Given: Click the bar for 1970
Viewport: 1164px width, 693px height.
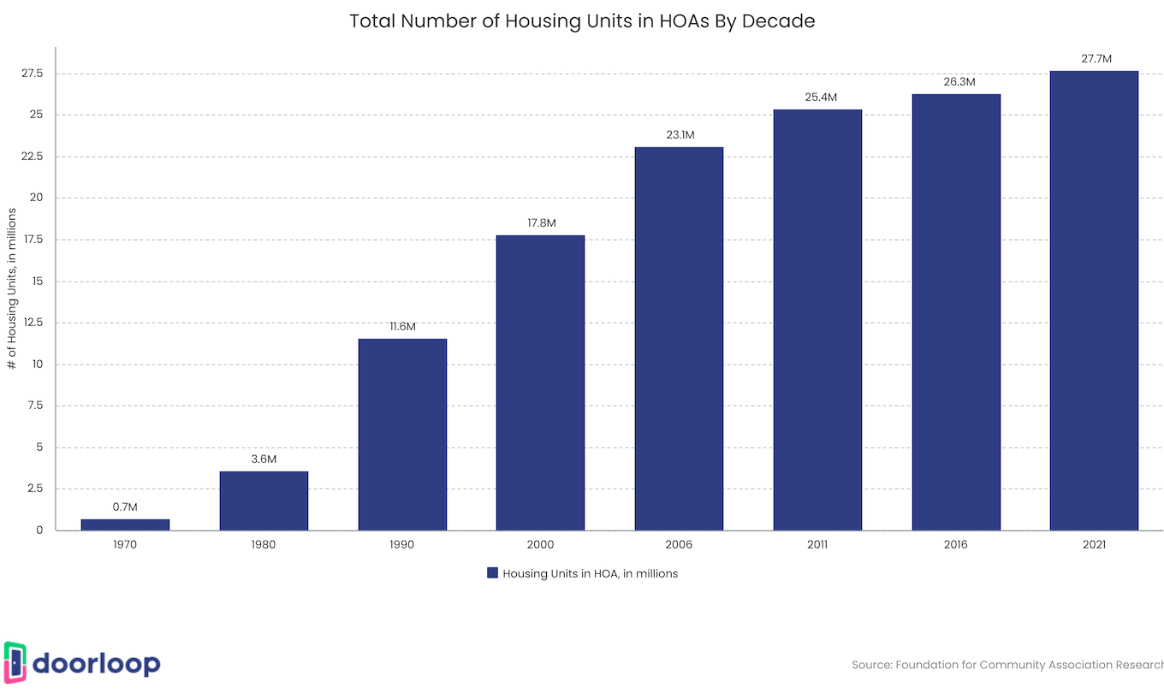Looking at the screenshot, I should point(125,524).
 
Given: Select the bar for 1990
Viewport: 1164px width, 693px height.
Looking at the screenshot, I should point(402,435).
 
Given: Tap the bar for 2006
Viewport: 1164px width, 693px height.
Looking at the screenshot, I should point(679,339).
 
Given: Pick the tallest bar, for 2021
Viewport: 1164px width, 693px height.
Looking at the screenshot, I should point(1094,300).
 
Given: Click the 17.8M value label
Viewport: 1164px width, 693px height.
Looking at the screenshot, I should point(541,223).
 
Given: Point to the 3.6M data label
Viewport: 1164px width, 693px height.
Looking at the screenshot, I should point(264,459).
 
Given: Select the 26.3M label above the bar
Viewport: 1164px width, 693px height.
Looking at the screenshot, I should point(956,82).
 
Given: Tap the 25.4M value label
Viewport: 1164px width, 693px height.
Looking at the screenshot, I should point(817,98).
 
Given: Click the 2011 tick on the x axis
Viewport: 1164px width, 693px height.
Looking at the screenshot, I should point(817,545).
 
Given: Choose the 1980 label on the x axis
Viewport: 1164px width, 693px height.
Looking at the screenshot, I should point(264,545).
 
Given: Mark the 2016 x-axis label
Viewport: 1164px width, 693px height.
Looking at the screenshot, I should point(956,545).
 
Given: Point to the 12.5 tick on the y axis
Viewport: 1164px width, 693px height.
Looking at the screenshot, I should point(32,323).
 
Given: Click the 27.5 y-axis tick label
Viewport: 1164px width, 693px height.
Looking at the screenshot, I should point(32,74).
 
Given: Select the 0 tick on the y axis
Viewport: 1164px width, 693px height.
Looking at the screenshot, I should point(39,530).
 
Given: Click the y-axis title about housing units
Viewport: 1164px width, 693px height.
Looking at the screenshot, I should point(12,287).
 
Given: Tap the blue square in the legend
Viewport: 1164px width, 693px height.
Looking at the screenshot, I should point(492,573).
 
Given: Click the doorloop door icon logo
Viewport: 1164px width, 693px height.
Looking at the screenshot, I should point(15,663).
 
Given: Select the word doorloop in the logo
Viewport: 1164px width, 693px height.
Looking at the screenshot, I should point(96,664).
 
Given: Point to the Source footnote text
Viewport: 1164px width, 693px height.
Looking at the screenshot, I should point(1007,665).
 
